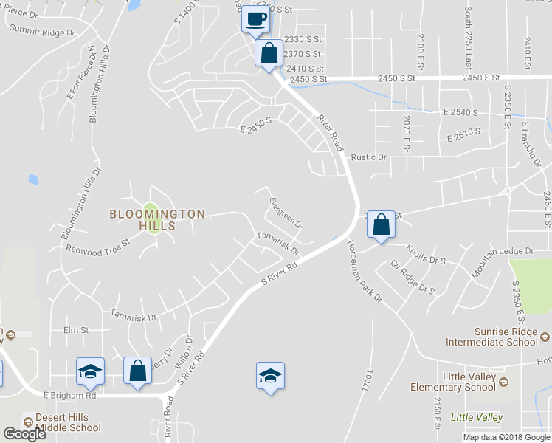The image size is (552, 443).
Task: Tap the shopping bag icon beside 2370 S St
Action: [x=269, y=53]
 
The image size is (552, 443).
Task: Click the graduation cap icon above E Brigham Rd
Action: [x=90, y=371]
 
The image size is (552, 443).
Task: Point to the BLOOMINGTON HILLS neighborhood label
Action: [x=157, y=219]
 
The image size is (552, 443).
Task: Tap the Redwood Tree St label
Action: [x=97, y=246]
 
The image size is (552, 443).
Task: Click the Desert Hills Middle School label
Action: [x=62, y=422]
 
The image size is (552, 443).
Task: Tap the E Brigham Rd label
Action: [x=70, y=396]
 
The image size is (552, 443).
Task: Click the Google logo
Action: [x=24, y=433]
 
